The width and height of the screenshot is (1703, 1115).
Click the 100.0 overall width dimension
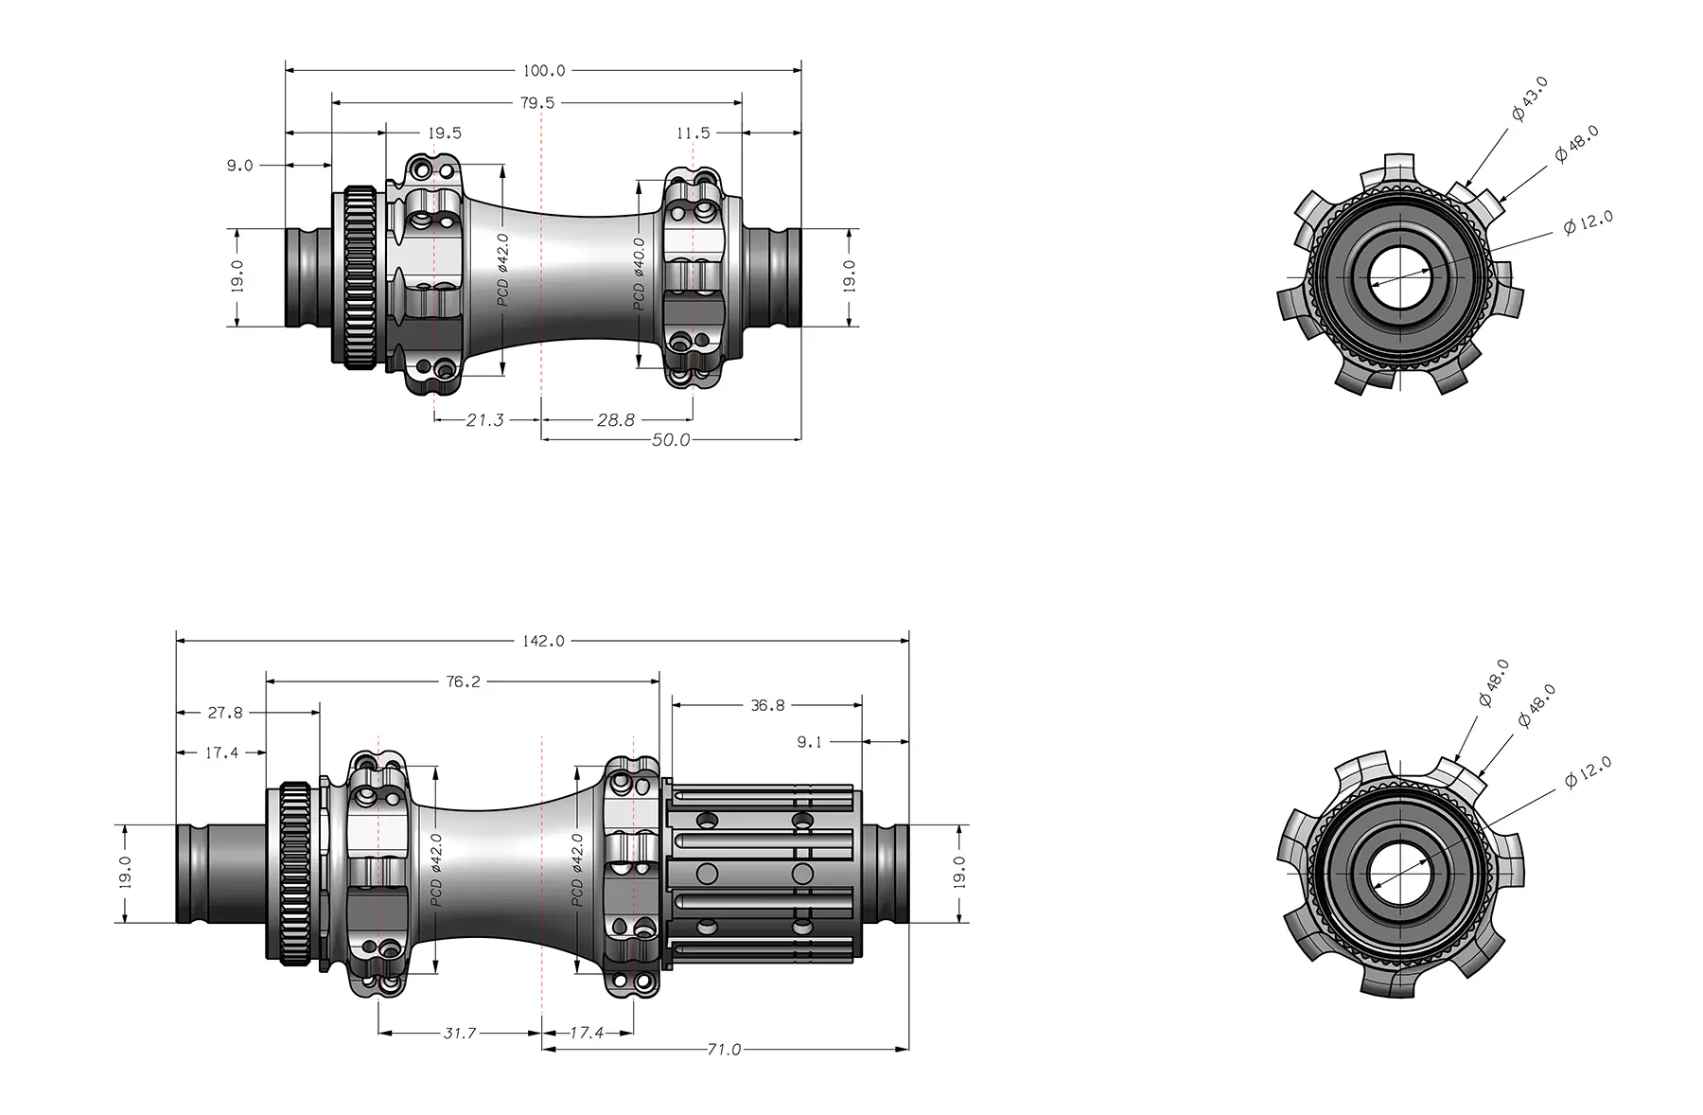[x=543, y=71]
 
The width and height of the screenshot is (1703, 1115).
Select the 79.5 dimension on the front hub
[x=536, y=102]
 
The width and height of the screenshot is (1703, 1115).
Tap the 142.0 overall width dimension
[x=543, y=642]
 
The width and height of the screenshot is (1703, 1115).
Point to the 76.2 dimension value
[x=463, y=681]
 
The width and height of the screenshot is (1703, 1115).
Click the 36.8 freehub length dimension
[x=767, y=705]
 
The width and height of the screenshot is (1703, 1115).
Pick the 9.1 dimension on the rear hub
[x=809, y=743]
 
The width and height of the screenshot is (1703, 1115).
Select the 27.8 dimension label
[x=225, y=713]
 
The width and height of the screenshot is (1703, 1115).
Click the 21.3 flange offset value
[x=484, y=420]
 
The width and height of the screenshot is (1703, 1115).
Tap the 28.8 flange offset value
[x=615, y=420]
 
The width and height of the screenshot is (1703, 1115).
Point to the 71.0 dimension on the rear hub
[x=724, y=1050]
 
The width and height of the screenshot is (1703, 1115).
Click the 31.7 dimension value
[x=460, y=1034]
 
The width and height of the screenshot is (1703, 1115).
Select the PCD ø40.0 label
[x=639, y=274]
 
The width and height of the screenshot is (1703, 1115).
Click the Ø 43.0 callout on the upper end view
[x=1529, y=99]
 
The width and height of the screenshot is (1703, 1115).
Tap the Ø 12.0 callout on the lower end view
[x=1588, y=773]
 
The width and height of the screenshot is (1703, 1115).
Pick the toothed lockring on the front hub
[x=360, y=277]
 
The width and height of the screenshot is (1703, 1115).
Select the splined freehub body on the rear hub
[x=764, y=872]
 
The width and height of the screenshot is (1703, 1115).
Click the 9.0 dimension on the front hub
[x=239, y=166]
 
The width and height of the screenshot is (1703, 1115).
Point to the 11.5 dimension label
[x=693, y=133]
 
